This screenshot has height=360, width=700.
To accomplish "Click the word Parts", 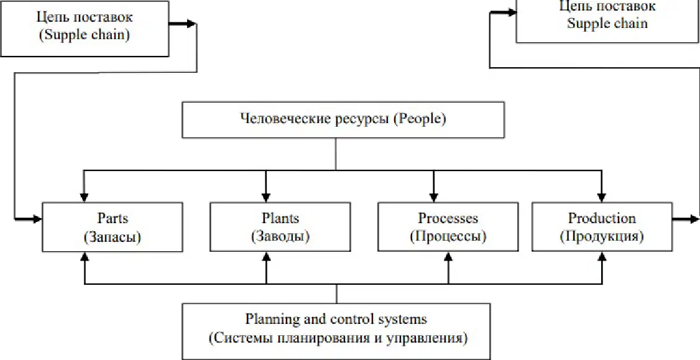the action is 112,218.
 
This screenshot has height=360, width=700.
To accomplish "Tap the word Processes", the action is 448,218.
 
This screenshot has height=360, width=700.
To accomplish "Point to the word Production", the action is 601,218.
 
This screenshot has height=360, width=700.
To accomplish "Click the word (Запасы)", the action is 112,237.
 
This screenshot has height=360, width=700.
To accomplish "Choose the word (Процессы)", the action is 448,237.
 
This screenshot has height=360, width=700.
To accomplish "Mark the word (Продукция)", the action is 601,237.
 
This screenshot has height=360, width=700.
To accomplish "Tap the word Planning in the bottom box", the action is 266,320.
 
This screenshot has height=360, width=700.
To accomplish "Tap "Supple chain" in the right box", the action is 607,23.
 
